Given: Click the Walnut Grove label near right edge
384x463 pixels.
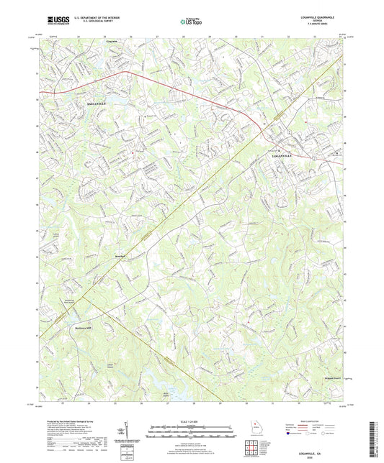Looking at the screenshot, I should click(x=331, y=375).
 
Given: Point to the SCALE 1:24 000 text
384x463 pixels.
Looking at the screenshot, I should click(x=192, y=421).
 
